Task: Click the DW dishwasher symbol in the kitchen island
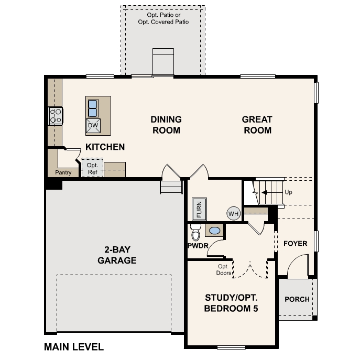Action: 93,125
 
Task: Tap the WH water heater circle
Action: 233,213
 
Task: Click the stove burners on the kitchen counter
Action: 56,116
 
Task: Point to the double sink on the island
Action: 93,108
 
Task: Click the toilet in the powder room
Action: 195,231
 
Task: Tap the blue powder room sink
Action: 214,230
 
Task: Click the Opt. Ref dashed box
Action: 92,168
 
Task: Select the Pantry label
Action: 63,172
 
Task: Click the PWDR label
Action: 198,245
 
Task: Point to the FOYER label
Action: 295,244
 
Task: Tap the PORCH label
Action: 297,299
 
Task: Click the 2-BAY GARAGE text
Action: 116,255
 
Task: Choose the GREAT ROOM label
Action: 257,125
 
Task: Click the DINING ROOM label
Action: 166,125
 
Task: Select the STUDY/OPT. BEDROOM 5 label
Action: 231,303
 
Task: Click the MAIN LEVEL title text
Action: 74,347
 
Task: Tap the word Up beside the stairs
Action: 288,192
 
